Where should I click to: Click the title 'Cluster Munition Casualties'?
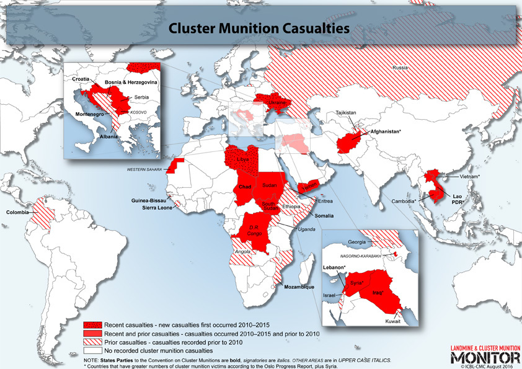(x=260, y=28)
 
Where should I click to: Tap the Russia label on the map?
(x=399, y=67)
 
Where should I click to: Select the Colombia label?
(x=17, y=213)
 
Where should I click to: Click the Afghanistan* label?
(x=386, y=131)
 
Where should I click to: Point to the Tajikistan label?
(x=347, y=113)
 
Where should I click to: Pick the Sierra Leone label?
(x=153, y=208)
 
